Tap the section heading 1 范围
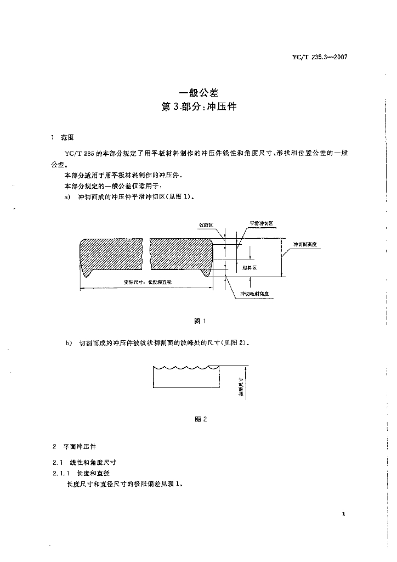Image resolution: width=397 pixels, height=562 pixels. [x=63, y=137]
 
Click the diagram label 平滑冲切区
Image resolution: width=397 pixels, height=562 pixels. [x=262, y=223]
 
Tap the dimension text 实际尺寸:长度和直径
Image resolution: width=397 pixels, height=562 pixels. [x=148, y=282]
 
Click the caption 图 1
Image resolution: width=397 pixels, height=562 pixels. [x=200, y=321]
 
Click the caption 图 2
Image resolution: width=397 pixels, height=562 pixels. [x=200, y=419]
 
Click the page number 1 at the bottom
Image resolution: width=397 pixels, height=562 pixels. [x=343, y=514]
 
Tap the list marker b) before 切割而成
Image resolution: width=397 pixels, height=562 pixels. [x=68, y=343]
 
